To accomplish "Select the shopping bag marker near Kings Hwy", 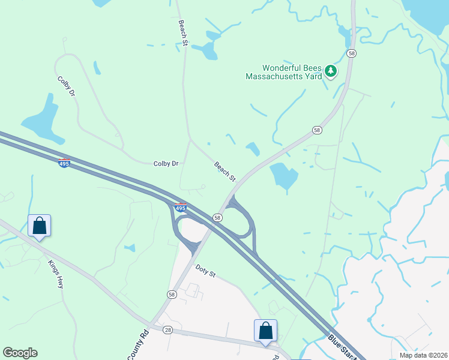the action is click(x=40, y=226).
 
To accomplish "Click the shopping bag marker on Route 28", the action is click(x=265, y=331).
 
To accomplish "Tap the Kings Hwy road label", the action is click(x=56, y=275).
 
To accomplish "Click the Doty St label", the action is click(x=205, y=271).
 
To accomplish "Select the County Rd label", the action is click(x=137, y=345).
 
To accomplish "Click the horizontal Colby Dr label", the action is click(x=166, y=163).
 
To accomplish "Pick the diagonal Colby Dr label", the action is click(x=67, y=86).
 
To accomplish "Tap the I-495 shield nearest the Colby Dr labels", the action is click(x=65, y=163).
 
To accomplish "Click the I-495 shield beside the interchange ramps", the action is click(x=181, y=208).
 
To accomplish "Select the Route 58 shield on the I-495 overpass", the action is click(x=217, y=217).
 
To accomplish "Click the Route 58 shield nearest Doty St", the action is click(x=172, y=294).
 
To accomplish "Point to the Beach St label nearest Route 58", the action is click(x=225, y=171).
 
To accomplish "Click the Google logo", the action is click(x=20, y=353).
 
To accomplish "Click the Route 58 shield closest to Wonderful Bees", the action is click(x=351, y=53).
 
